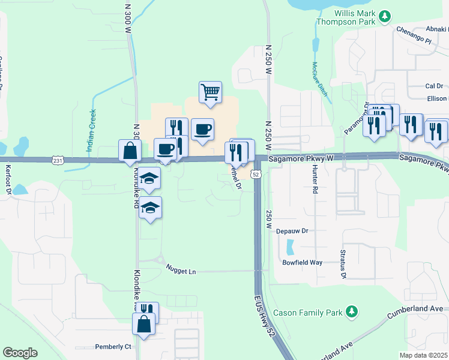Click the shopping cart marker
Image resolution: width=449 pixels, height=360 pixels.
(x=210, y=93)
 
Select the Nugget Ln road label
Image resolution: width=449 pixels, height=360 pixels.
(x=184, y=272)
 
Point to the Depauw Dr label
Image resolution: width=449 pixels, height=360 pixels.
(x=292, y=230)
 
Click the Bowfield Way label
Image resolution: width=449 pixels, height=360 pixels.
(x=303, y=263)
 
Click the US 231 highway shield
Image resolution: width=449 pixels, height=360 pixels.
(x=58, y=160)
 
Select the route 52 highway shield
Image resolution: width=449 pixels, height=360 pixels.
(x=256, y=174)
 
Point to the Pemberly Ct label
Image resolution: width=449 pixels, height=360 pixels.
(x=113, y=347)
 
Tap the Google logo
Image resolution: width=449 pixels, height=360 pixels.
(x=20, y=353)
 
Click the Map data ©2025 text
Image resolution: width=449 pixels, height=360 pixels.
(x=424, y=355)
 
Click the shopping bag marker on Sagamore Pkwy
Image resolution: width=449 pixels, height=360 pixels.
(x=130, y=151)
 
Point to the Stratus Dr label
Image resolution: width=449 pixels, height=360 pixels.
(x=343, y=265)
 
